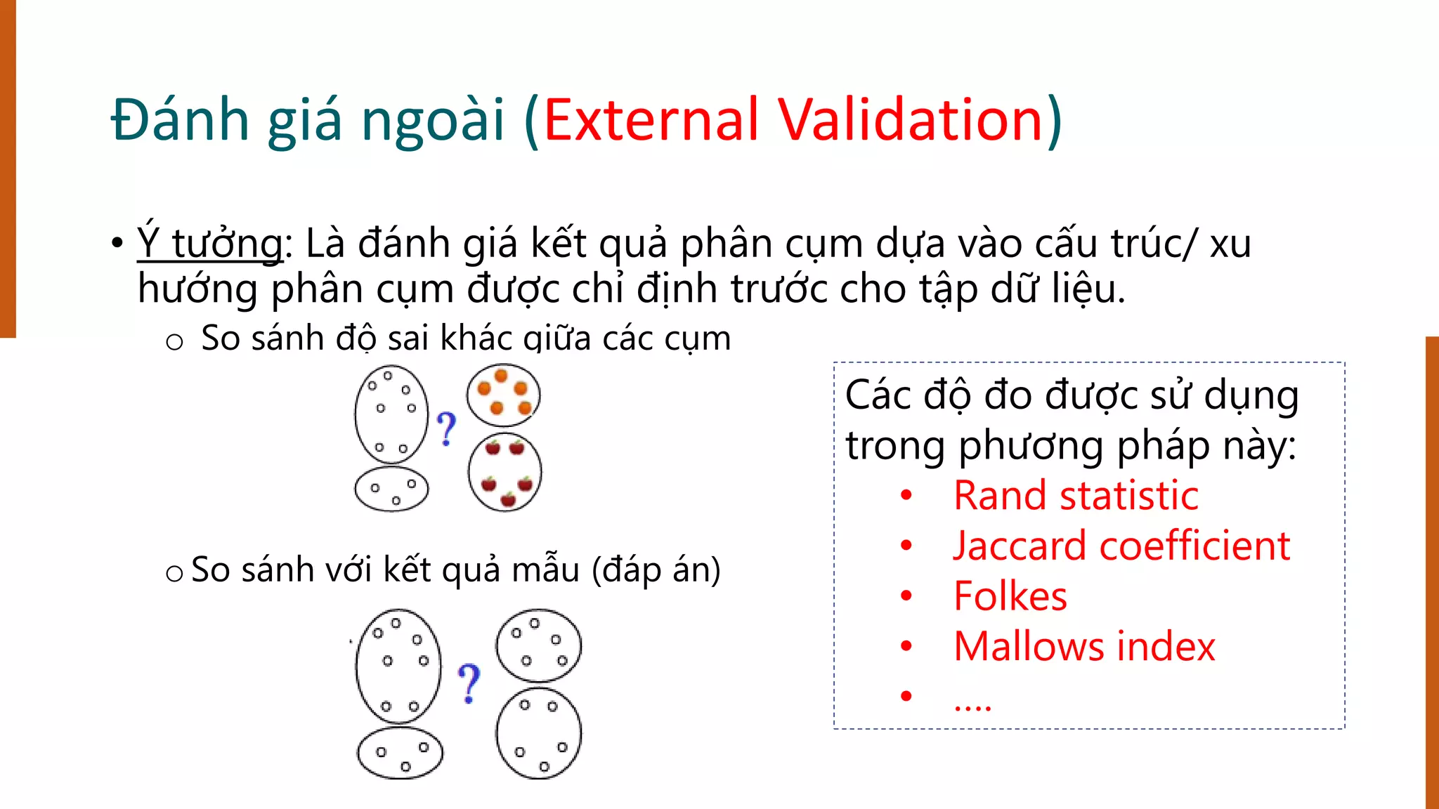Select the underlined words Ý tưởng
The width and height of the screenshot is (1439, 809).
pos(210,244)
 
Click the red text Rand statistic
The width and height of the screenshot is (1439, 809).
pos(1075,496)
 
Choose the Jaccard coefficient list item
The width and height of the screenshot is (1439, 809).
pos(1121,546)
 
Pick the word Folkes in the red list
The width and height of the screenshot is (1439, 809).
pos(1010,596)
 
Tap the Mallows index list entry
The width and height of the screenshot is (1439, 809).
pos(1084,646)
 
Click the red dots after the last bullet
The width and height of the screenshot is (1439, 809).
pos(972,704)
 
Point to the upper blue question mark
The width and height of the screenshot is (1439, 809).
pos(446,428)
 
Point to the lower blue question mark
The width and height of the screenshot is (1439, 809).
pos(469,683)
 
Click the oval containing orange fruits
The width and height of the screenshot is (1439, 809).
pos(504,395)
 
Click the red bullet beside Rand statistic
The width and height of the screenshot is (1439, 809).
pos(906,496)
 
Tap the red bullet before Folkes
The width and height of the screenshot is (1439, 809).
pos(906,596)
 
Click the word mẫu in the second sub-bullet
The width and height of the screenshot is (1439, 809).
pos(546,570)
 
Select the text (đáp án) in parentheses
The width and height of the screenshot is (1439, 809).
pos(656,570)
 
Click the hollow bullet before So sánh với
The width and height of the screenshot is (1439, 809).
pos(174,574)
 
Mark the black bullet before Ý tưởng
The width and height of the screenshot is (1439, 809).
pos(117,244)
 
